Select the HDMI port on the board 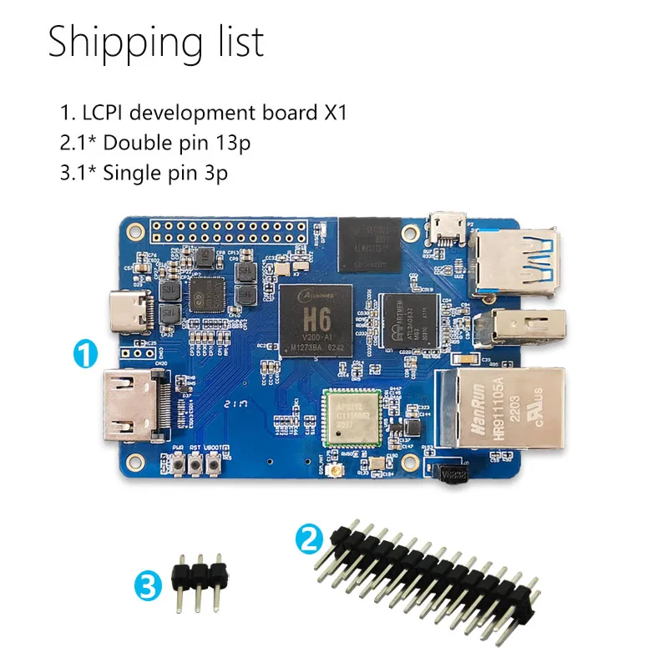[x=132, y=407]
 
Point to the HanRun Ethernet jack [x=501, y=405]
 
